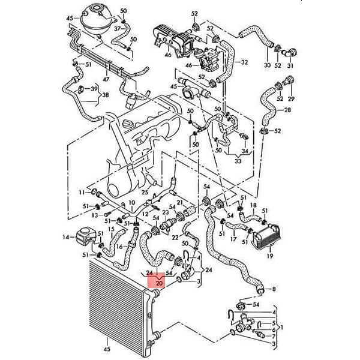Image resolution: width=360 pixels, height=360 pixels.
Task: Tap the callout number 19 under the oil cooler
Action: point(271,256)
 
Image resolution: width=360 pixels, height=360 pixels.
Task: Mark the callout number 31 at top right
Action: point(290,65)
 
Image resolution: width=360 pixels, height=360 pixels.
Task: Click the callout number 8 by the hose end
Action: point(274,290)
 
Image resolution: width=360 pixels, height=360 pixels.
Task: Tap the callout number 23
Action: point(164,212)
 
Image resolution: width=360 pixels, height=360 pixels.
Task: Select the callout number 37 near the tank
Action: point(118,28)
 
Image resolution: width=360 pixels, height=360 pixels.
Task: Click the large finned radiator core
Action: point(118,306)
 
